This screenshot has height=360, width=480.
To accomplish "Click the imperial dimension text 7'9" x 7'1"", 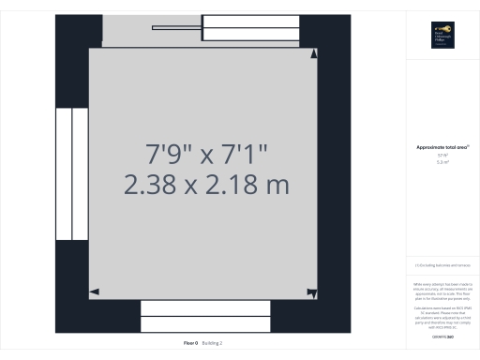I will click(206, 152).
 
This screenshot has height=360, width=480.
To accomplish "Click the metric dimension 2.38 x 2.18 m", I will click(206, 185).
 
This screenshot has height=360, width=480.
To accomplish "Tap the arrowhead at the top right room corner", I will click(313, 52).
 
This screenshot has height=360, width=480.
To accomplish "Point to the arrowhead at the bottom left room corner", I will click(94, 292).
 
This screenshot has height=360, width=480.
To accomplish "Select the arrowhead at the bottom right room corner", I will click(313, 292).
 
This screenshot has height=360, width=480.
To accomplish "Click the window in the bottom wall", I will click(205, 317).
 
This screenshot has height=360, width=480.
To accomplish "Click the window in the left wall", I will click(72, 173).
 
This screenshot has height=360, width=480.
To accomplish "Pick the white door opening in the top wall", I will click(250, 28).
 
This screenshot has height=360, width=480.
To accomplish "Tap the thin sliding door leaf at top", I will click(178, 27).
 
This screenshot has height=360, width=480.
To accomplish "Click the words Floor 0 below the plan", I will click(191, 343).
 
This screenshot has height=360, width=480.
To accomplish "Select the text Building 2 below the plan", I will click(214, 343).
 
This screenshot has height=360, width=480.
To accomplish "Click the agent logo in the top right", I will click(442, 36).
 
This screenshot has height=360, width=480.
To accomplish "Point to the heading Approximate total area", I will click(442, 147).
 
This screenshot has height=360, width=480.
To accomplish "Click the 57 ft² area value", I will click(442, 156).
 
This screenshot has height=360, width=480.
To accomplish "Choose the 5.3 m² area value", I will click(442, 162).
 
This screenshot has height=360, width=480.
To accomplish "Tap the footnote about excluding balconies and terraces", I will click(442, 265).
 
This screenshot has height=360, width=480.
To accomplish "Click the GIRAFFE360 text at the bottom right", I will click(442, 335).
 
